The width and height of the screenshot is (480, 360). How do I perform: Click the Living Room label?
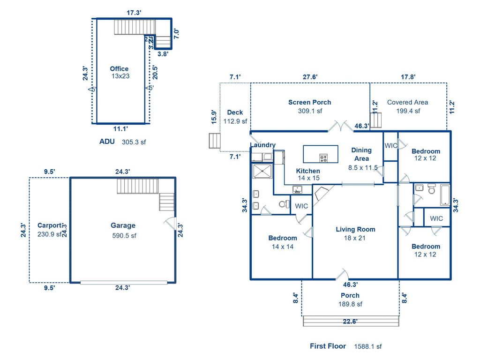click(355, 230)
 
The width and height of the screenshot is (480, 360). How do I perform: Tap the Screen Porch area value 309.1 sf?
click(309, 111)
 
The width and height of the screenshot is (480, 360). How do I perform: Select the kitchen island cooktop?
click(323, 157)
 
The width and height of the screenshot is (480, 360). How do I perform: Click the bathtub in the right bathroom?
click(444, 195)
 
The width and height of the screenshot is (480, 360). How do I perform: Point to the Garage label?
click(123, 225)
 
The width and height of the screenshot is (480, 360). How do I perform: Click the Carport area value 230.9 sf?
click(49, 234)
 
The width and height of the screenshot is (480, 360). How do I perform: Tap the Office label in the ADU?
click(119, 69)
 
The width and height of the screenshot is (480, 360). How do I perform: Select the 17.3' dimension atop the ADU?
click(134, 13)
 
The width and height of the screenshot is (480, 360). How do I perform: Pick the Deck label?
click(235, 112)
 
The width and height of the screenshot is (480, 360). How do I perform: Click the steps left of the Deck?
click(214, 141)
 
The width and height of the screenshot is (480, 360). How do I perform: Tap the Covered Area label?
click(407, 102)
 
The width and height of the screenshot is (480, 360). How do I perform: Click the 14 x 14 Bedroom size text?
click(282, 247)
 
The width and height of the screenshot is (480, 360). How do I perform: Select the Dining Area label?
click(361, 154)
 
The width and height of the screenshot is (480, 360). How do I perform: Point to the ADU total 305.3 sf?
click(134, 142)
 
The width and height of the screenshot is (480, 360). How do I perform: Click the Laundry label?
click(262, 145)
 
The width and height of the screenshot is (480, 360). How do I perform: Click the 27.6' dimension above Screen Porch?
click(309, 77)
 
